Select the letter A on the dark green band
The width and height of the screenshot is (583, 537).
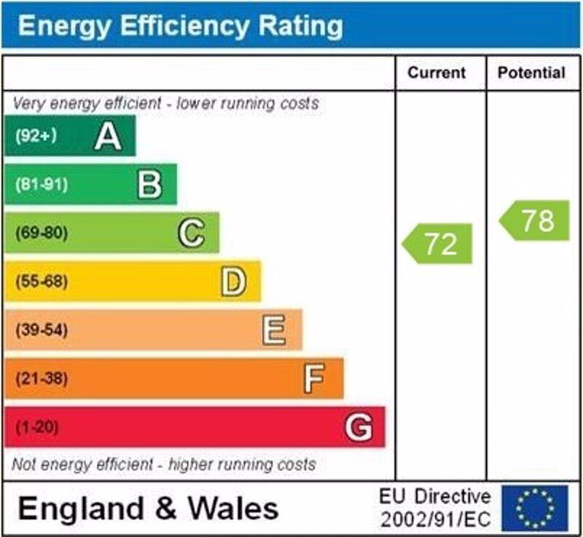(108, 136)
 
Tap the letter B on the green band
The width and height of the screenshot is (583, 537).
(149, 185)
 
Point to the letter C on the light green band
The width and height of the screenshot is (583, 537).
(191, 234)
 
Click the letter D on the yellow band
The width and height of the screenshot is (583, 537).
(233, 282)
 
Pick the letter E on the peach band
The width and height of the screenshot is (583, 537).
(274, 330)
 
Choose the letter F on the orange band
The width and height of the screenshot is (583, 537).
(314, 378)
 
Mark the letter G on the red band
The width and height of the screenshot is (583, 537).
(359, 427)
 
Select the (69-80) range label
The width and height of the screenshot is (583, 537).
(41, 234)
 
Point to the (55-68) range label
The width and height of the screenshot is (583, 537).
(41, 282)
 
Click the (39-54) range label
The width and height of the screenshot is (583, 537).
(41, 330)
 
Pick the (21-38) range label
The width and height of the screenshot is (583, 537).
(41, 378)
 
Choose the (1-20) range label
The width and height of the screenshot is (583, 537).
(36, 427)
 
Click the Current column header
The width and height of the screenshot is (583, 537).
(437, 73)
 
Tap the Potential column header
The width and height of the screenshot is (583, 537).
(531, 73)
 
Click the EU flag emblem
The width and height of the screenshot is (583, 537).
(534, 508)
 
